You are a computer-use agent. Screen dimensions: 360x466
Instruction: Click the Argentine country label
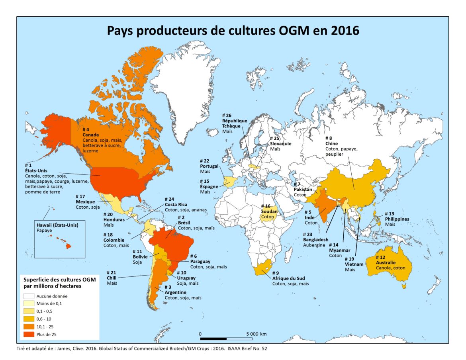176,292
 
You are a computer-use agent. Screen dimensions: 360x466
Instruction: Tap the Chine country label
331,143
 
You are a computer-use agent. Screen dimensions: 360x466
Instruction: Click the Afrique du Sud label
290,278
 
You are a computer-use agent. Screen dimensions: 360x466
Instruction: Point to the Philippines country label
397,219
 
